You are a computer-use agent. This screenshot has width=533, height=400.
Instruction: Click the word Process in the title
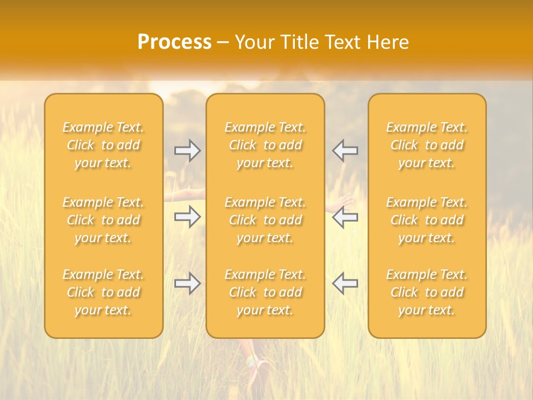tap(174, 42)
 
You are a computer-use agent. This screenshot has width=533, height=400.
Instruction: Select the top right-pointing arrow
tap(187, 151)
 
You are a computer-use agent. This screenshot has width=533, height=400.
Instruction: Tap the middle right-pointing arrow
tap(187, 217)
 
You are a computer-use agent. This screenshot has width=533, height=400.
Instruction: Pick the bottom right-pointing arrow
tap(187, 283)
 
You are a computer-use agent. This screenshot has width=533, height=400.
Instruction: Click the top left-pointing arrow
tap(345, 151)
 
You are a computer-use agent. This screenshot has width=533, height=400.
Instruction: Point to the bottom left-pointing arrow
tap(345, 283)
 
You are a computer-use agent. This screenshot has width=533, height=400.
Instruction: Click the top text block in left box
tap(103, 145)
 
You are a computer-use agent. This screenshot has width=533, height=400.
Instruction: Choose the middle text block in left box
tap(103, 220)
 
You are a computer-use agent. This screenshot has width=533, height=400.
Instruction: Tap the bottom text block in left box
tap(103, 292)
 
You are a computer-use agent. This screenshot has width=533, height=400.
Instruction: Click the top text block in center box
tap(265, 145)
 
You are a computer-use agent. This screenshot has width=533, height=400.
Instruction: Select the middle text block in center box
tap(265, 220)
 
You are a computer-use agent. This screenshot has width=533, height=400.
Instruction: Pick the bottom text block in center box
tap(265, 292)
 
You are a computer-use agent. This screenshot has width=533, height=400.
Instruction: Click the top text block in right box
tap(427, 145)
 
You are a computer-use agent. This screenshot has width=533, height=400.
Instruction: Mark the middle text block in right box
tap(427, 220)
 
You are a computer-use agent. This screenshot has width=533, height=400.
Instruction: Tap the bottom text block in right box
tap(427, 292)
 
